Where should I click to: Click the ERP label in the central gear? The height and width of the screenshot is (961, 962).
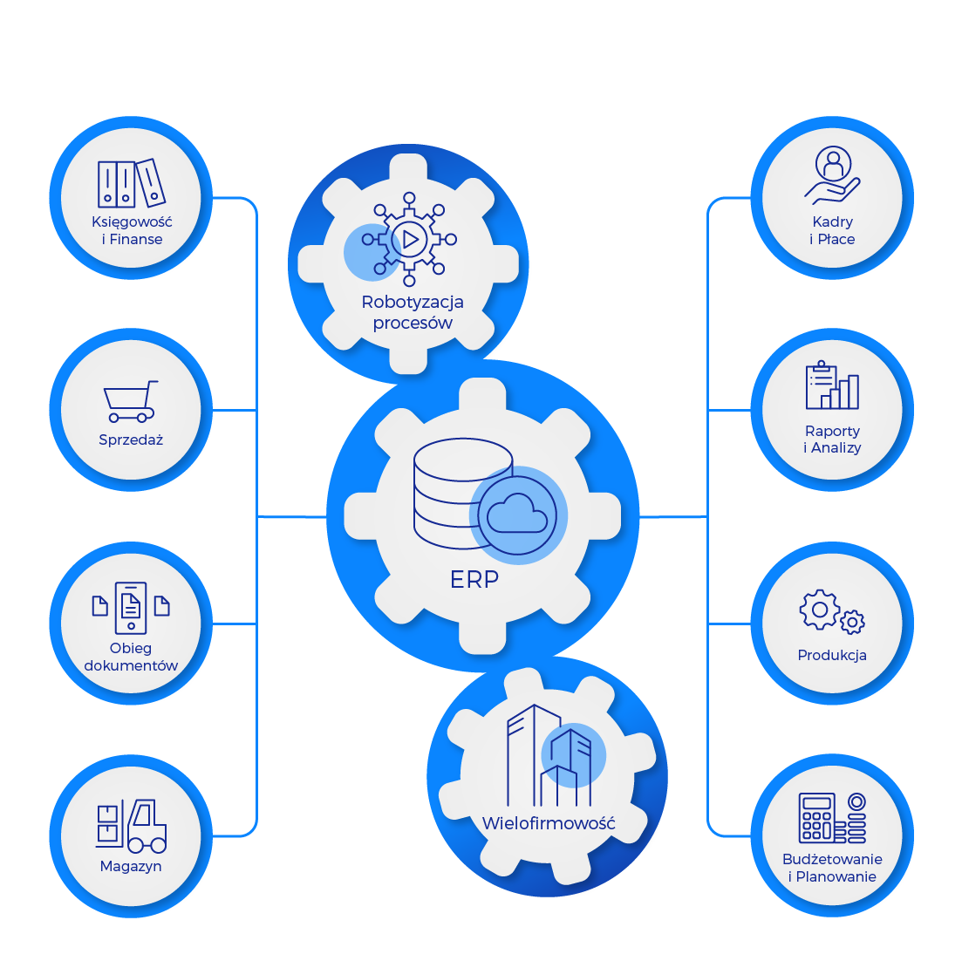[474, 579]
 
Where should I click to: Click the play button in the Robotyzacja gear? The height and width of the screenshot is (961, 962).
[410, 239]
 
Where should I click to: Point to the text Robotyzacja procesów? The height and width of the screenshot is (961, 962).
[413, 312]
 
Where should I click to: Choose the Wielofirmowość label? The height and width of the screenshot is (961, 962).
[549, 823]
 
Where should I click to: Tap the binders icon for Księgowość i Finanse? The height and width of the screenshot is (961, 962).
[131, 183]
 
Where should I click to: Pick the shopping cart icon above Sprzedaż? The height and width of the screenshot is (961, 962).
[131, 402]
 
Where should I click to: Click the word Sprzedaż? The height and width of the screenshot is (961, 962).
[131, 440]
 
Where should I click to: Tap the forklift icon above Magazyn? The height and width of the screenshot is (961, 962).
[131, 826]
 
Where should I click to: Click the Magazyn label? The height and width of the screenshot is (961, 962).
[131, 867]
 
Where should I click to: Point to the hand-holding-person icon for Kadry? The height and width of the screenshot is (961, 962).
[832, 176]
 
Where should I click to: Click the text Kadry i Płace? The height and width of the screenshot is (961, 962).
[832, 230]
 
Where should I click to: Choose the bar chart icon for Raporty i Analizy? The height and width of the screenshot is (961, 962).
[832, 386]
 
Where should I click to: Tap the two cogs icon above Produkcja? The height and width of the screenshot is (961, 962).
[831, 612]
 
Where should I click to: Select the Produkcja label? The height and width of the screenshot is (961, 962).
[832, 655]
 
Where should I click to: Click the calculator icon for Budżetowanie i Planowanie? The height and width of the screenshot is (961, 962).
[832, 818]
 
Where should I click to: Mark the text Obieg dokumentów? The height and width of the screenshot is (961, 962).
[131, 657]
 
